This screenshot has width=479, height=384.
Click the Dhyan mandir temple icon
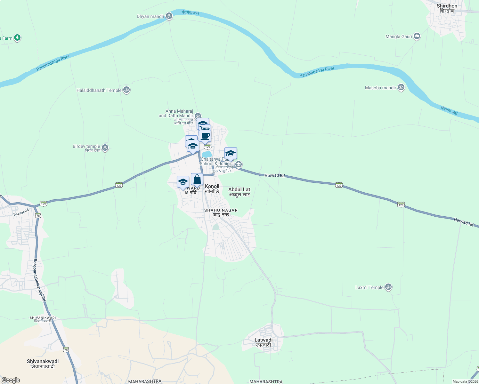coord(169,16)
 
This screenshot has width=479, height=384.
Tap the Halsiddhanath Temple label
coord(99,90)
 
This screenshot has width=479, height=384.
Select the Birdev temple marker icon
coord(105,148)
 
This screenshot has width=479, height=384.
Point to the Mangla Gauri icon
coord(417,36)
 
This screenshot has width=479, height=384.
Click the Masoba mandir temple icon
coord(401,87)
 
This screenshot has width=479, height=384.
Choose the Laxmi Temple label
coord(369,287)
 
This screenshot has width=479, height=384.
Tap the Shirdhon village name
coord(447,6)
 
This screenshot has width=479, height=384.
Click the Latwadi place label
coord(264,340)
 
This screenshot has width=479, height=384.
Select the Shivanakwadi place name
coord(43,361)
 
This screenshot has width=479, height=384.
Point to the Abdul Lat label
coord(239,189)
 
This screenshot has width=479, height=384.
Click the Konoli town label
coord(212,186)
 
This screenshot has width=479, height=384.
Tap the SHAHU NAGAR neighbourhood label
coord(221,210)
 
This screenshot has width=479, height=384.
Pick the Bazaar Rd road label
coord(21,212)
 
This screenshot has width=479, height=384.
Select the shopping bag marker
coord(197,180)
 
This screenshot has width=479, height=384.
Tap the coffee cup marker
coord(205,136)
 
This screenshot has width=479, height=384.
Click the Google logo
coord(11,380)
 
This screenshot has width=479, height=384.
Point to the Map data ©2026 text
coord(465,381)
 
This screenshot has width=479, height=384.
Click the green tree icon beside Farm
coord(17,38)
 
